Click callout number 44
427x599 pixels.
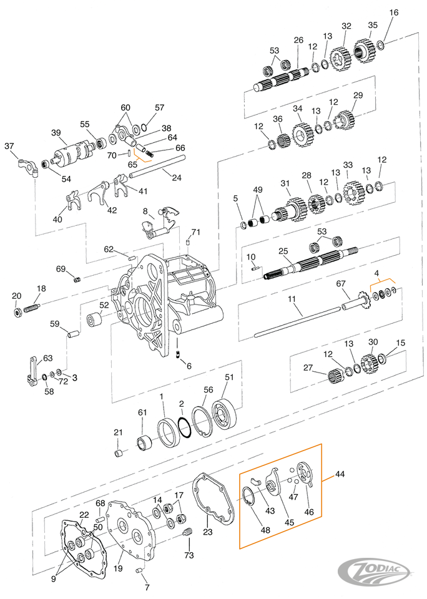point(339,475)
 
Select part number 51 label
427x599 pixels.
point(228,377)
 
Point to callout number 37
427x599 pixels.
point(9,146)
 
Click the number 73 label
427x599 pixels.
point(189,555)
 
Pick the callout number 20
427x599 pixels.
point(17,296)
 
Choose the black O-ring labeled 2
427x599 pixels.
point(184,430)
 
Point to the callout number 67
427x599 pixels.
point(341,283)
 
